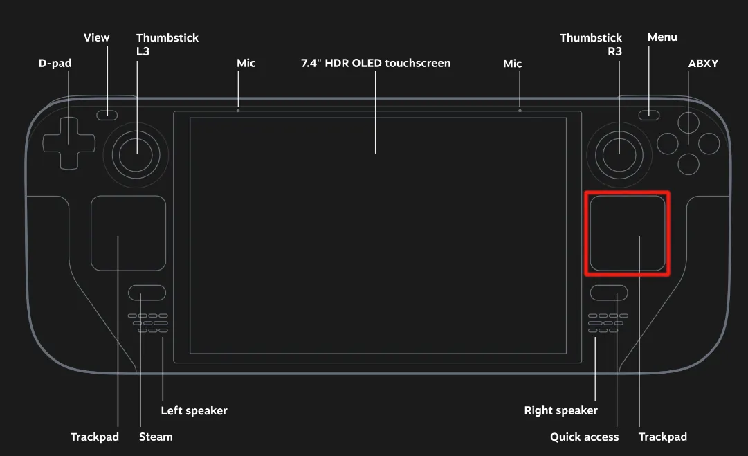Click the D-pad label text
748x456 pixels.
tap(55, 64)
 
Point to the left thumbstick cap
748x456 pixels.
tap(136, 154)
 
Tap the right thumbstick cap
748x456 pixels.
tap(619, 154)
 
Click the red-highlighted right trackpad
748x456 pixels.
tap(628, 232)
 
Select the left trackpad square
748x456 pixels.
tap(128, 233)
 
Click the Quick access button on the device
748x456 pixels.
tap(609, 293)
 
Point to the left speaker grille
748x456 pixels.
tap(148, 323)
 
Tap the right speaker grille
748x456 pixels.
tap(608, 323)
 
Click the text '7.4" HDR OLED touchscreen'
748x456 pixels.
tap(376, 64)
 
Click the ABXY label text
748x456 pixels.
tap(703, 64)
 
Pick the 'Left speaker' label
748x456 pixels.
tap(194, 411)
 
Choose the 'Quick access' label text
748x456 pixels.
tap(584, 437)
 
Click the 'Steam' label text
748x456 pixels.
tap(156, 437)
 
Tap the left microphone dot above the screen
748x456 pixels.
tap(238, 110)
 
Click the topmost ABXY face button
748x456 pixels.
tap(688, 122)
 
